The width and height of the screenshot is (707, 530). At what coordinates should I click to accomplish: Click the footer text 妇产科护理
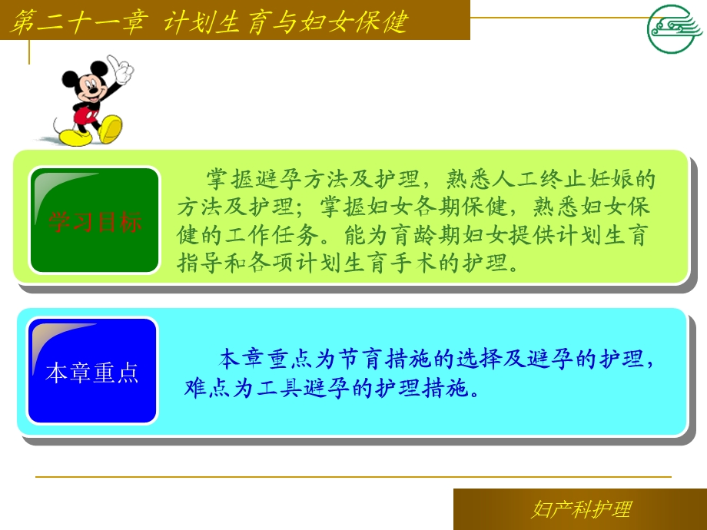[x=581, y=509]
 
